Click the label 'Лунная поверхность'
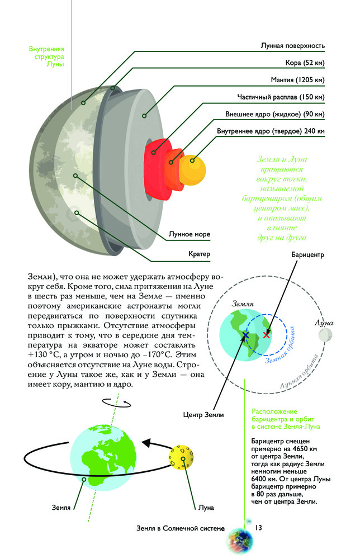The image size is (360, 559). tap(292, 45)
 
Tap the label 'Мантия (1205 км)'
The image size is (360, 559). tap(296, 80)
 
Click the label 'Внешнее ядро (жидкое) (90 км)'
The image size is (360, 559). tap(274, 115)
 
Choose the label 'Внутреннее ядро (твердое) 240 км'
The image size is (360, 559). tap(271, 132)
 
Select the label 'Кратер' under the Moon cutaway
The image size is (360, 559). tap(198, 254)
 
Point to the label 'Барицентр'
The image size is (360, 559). tap(307, 255)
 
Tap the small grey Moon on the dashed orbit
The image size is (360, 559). tap(325, 335)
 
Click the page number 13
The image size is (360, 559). tap(259, 528)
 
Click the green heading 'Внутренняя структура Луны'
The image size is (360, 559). tap(46, 56)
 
